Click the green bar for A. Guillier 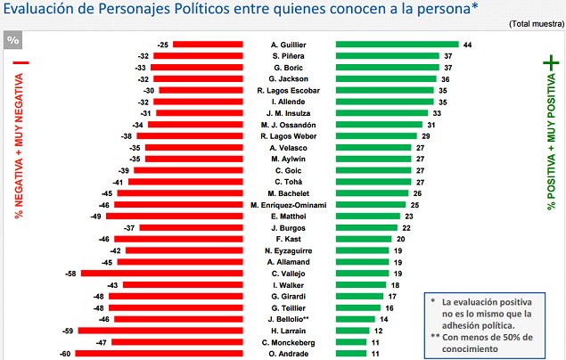[x=397, y=44]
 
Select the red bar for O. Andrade [x=159, y=354]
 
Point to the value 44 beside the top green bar [x=467, y=44]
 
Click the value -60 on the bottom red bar [x=65, y=354]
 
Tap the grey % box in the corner [x=13, y=40]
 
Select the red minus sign [x=17, y=64]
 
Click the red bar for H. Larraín [x=160, y=331]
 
